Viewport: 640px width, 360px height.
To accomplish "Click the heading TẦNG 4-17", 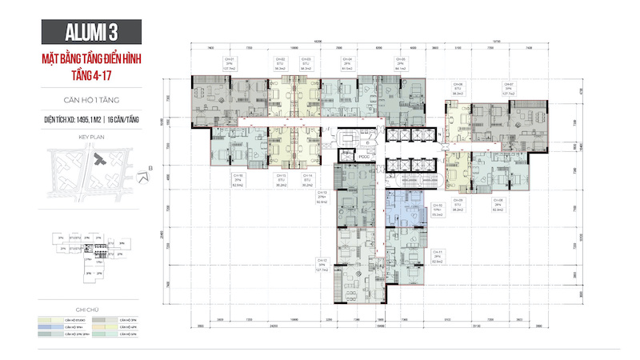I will click(x=70, y=74).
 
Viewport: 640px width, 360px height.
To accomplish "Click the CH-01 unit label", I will click(x=228, y=63).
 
